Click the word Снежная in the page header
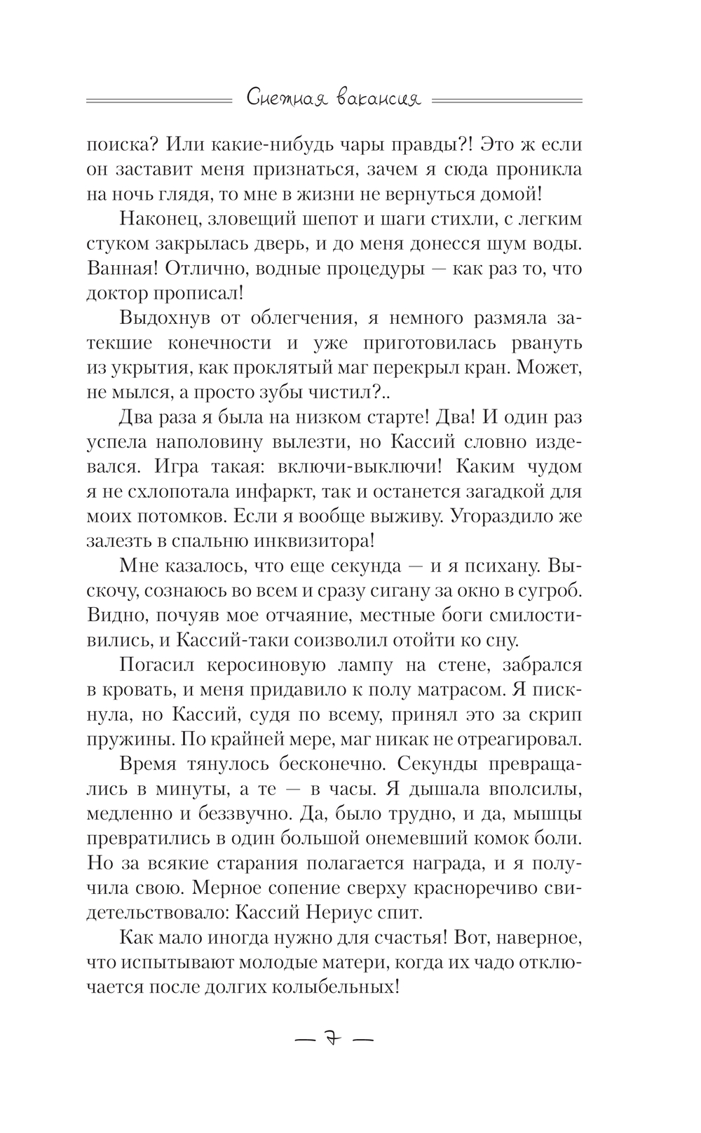tap(280, 100)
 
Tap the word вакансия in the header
tap(382, 100)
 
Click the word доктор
tap(116, 293)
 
